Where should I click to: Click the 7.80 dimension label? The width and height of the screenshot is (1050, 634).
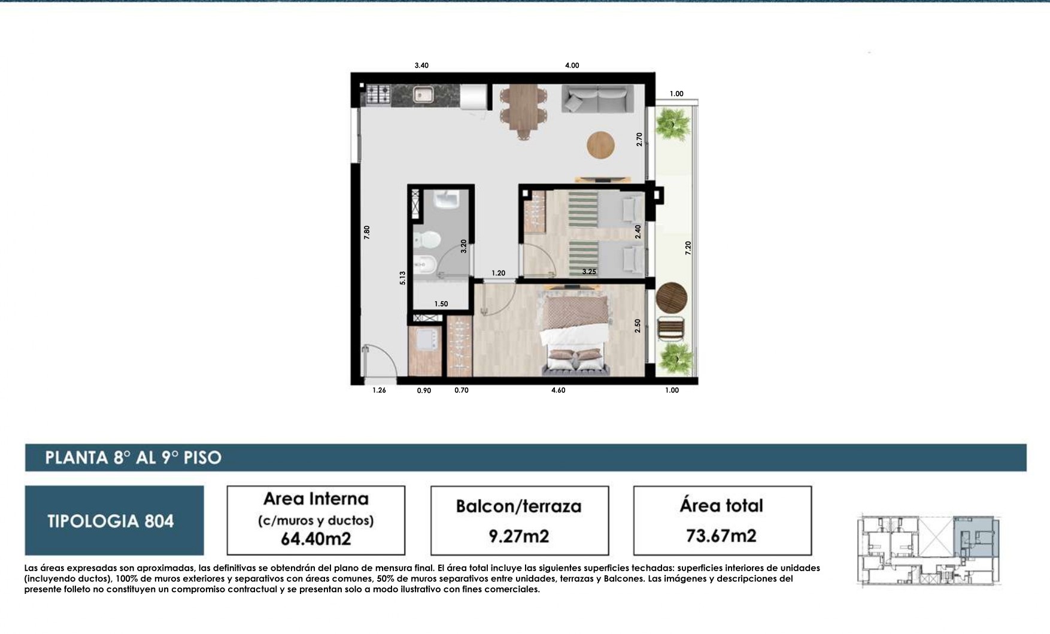click(x=367, y=232)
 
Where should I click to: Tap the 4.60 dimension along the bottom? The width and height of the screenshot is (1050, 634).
click(x=558, y=390)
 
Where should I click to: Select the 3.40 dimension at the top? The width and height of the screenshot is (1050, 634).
click(x=421, y=65)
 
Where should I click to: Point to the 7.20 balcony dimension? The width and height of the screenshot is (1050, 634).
click(x=688, y=248)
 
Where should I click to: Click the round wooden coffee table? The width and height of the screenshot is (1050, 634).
click(x=600, y=145)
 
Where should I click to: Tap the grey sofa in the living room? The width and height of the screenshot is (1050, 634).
click(x=597, y=98)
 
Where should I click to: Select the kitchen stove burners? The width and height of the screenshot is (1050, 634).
click(x=378, y=94)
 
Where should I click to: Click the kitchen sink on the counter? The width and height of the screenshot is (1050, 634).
click(x=423, y=94)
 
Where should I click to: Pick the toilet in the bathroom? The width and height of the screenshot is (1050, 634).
click(x=426, y=239)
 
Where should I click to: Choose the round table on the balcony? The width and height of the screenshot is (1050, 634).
click(x=671, y=298)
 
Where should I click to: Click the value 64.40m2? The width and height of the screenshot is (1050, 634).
click(x=316, y=539)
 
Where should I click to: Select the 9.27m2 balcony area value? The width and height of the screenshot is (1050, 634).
click(x=519, y=536)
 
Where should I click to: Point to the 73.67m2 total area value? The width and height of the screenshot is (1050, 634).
click(x=721, y=535)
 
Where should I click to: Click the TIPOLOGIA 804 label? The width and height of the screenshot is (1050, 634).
click(x=111, y=521)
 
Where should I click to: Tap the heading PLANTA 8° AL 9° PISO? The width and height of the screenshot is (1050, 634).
click(x=133, y=458)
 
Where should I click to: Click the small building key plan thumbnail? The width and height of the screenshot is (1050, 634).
click(x=929, y=550)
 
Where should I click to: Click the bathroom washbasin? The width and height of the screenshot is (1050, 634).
click(x=447, y=199)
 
